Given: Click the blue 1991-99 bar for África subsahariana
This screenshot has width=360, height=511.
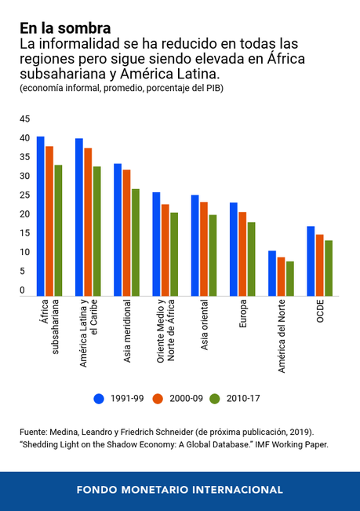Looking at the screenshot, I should tap(40, 216).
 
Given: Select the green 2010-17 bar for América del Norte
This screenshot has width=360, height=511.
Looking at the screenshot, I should tap(290, 279).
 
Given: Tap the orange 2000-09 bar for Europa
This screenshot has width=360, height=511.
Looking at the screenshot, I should tap(242, 254).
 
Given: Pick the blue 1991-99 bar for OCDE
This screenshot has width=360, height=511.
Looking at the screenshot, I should tap(311, 261).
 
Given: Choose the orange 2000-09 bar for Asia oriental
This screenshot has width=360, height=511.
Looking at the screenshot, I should tap(204, 249).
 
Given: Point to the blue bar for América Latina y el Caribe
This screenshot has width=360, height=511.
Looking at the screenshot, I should tap(79, 217).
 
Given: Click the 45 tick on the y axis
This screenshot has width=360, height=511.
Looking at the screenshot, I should tap(24, 119).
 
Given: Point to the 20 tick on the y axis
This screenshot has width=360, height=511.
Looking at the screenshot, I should tap(24, 214).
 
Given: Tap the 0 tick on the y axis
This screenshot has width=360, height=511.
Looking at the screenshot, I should tap(22, 290).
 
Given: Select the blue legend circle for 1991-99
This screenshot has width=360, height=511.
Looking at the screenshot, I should tap(99, 398).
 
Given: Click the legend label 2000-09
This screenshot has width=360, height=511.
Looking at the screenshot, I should tap(183, 399).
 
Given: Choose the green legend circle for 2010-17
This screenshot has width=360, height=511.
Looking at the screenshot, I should tap(215, 398).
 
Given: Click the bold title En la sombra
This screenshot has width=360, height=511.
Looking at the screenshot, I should tap(65, 28).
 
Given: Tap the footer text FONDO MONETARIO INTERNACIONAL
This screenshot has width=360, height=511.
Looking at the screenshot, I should tap(180, 490).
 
